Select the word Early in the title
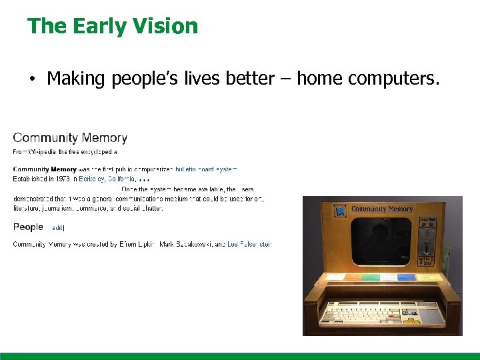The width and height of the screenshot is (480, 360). pyautogui.click(x=95, y=26)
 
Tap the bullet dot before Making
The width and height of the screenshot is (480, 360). pyautogui.click(x=31, y=80)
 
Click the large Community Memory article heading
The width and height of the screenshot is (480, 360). pyautogui.click(x=70, y=138)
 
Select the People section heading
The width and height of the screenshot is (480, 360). pyautogui.click(x=28, y=227)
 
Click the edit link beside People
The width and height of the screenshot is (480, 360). pyautogui.click(x=58, y=228)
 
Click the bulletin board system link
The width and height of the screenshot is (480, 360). pyautogui.click(x=206, y=169)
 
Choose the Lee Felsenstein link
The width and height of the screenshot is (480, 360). pyautogui.click(x=249, y=245)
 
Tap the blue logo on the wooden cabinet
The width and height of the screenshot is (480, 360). pyautogui.click(x=341, y=211)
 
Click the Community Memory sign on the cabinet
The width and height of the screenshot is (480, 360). pyautogui.click(x=382, y=209)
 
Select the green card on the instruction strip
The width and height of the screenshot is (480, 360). pyautogui.click(x=371, y=277)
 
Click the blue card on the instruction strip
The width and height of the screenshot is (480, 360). pyautogui.click(x=406, y=277)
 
